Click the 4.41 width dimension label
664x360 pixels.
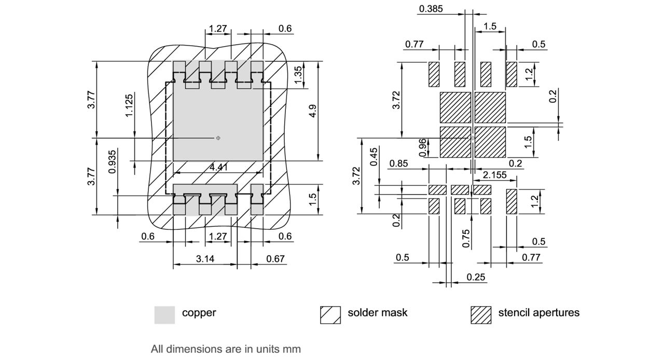click(x=219, y=167)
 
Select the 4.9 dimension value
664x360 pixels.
click(x=313, y=110)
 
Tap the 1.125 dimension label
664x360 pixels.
click(x=129, y=105)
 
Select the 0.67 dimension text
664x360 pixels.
click(x=275, y=258)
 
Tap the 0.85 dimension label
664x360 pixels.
click(x=398, y=164)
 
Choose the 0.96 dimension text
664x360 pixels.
click(x=422, y=147)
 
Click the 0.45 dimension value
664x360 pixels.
click(x=374, y=157)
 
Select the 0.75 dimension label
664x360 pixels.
click(x=466, y=239)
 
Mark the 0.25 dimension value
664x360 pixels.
click(x=476, y=277)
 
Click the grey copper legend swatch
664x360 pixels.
click(x=164, y=314)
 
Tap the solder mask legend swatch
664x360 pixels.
click(x=330, y=314)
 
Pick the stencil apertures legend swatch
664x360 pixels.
click(x=481, y=314)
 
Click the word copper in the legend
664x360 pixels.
click(x=199, y=313)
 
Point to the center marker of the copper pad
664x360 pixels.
click(x=218, y=138)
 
